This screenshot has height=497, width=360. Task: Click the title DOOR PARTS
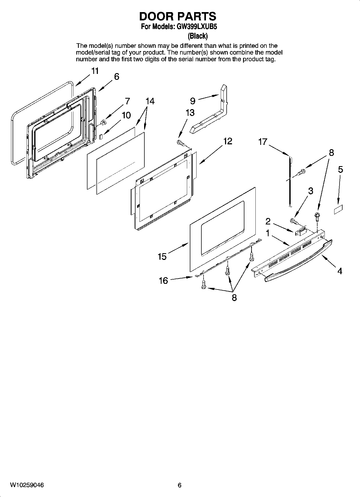pos(177,16)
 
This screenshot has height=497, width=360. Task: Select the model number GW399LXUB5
pos(197,27)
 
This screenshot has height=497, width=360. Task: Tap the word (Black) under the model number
pos(198,36)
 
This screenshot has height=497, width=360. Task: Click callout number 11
pos(95,71)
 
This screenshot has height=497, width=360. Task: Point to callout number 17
pos(263,142)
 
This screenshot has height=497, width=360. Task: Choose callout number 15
pos(162,256)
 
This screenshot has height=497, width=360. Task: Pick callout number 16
pos(163,281)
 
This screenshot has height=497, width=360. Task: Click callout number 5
pos(340,169)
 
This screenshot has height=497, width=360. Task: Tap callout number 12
pos(227,141)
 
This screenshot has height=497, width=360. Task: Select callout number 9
pos(193,101)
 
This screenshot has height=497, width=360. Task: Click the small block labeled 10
pos(101,136)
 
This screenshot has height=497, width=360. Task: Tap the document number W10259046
pos(27,485)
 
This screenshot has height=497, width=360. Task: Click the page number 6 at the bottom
pos(180,485)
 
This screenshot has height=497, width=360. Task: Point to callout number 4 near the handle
pos(340,271)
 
